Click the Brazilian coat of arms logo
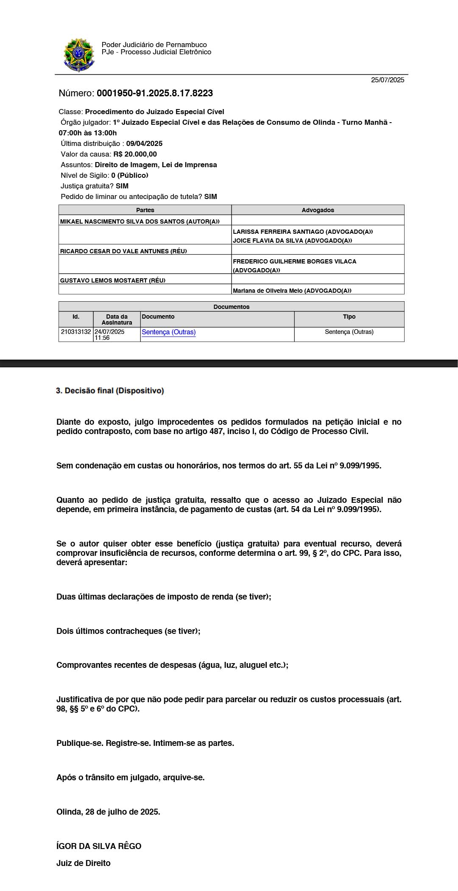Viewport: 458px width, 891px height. (x=78, y=55)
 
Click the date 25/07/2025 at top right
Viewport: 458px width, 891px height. (x=387, y=80)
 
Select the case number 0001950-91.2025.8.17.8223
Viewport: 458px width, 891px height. (x=154, y=93)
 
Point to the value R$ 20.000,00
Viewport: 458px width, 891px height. (x=135, y=154)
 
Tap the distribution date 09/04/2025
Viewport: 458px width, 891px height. (x=144, y=143)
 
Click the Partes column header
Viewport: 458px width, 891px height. (x=145, y=210)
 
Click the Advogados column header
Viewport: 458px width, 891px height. (x=318, y=210)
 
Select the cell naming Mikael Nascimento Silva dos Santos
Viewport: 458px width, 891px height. (x=140, y=221)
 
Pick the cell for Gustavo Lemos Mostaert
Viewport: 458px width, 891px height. (x=113, y=280)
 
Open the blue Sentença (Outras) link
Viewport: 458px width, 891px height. (x=168, y=332)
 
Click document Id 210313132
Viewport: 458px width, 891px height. (x=76, y=332)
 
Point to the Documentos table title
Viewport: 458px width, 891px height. (x=231, y=307)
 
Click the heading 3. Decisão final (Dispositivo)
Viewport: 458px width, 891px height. (x=110, y=391)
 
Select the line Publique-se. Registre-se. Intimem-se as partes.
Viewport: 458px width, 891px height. (x=145, y=743)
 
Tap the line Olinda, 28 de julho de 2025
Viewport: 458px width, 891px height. (x=108, y=812)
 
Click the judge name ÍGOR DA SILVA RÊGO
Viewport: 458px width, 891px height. (x=99, y=846)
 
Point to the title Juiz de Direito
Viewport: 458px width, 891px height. (x=84, y=863)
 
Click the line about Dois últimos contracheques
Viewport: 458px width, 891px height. (x=128, y=631)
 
